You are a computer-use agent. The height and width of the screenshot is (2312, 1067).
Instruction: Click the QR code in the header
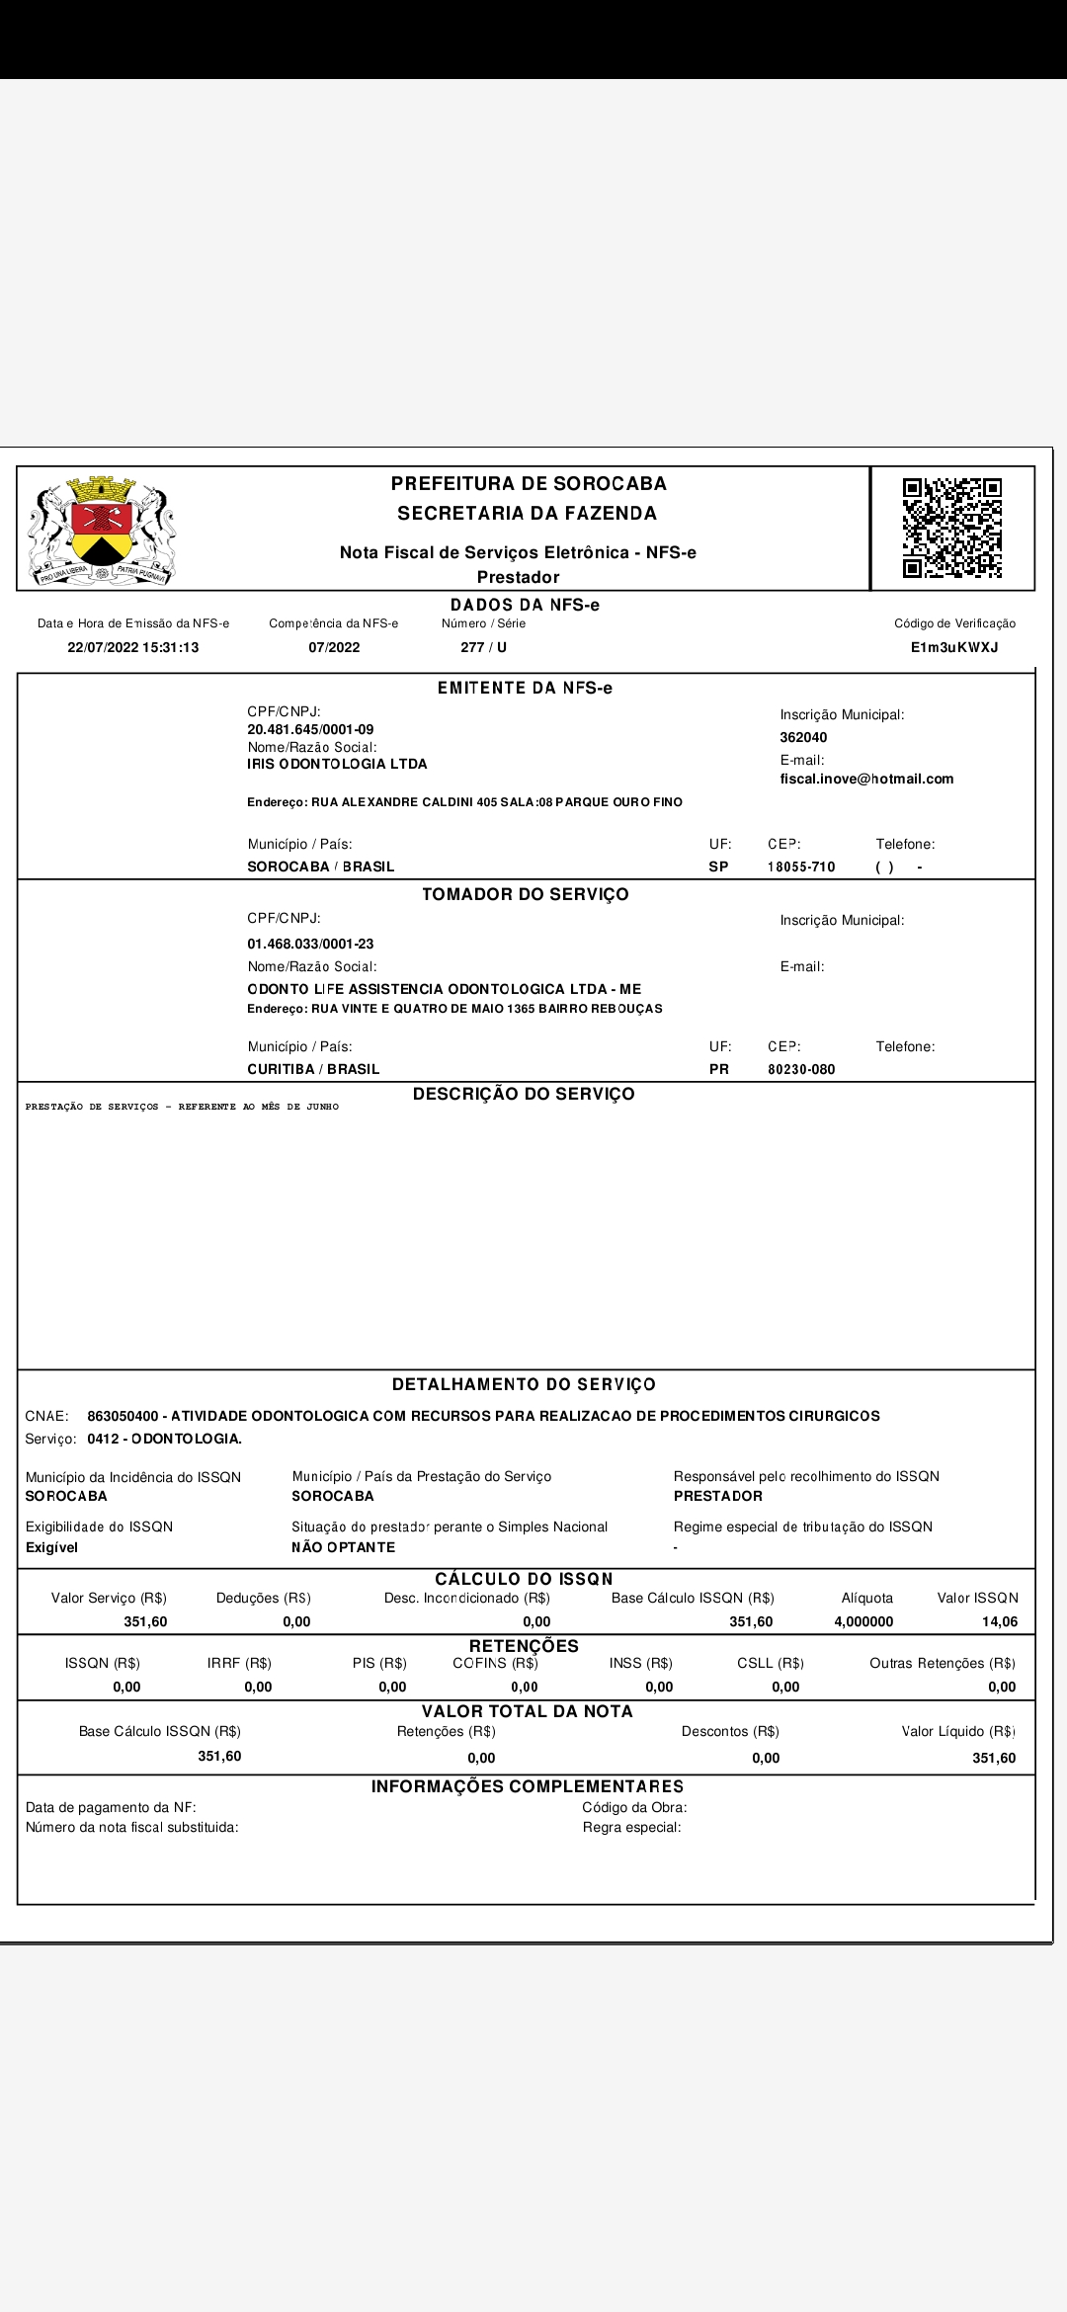951,528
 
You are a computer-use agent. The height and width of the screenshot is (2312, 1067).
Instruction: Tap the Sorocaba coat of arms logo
102,531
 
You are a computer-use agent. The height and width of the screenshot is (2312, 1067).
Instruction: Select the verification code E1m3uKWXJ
954,647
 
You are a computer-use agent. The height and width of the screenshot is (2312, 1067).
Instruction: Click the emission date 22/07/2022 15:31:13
133,647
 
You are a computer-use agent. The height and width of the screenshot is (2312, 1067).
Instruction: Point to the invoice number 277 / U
483,647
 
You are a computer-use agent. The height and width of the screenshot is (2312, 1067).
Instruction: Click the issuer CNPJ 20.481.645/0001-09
310,729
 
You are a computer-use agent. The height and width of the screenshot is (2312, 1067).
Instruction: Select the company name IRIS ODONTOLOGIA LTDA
337,764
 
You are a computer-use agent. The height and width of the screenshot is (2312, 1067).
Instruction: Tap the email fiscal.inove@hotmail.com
866,779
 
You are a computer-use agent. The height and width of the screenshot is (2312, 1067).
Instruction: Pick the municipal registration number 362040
803,737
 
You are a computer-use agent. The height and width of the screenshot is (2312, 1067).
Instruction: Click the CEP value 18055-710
801,867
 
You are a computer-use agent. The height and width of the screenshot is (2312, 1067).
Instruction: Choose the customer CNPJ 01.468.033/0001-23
310,944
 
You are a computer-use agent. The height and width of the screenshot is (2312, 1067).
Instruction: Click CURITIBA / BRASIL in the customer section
313,1069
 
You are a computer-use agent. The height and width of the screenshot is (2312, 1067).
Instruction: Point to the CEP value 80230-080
801,1069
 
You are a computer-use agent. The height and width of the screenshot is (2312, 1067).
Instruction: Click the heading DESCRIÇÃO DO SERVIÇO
524,1094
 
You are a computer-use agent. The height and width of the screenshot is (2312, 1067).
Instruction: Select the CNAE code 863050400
123,1416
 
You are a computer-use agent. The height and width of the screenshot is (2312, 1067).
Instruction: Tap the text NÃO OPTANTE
343,1547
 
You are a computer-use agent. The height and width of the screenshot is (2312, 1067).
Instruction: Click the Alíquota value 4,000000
863,1621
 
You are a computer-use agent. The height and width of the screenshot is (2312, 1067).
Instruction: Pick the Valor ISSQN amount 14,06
1000,1621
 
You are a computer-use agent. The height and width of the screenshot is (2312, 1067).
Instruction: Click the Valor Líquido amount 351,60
994,1758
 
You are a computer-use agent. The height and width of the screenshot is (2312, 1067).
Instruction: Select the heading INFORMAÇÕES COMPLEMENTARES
528,1786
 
